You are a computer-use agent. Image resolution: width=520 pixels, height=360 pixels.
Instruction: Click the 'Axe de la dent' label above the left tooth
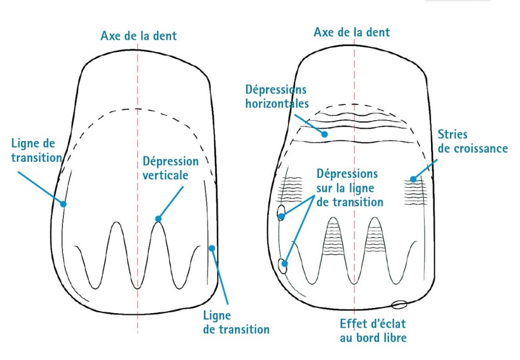(x=138, y=36)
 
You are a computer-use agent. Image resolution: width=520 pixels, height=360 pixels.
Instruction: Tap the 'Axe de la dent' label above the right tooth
(x=352, y=32)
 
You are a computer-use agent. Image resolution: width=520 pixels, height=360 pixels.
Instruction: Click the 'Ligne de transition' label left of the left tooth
(x=35, y=149)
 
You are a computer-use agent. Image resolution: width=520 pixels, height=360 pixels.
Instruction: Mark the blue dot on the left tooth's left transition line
(x=63, y=204)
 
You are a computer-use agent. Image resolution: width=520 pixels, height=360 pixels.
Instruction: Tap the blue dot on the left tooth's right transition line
(x=212, y=248)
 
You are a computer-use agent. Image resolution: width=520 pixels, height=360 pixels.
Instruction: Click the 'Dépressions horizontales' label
(x=277, y=96)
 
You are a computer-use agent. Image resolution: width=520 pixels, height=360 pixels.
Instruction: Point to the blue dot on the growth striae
(x=413, y=179)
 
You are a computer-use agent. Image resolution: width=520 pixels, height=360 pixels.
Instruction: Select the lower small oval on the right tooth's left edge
(x=283, y=266)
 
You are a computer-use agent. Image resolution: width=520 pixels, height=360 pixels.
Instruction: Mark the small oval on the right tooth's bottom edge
(x=400, y=304)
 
